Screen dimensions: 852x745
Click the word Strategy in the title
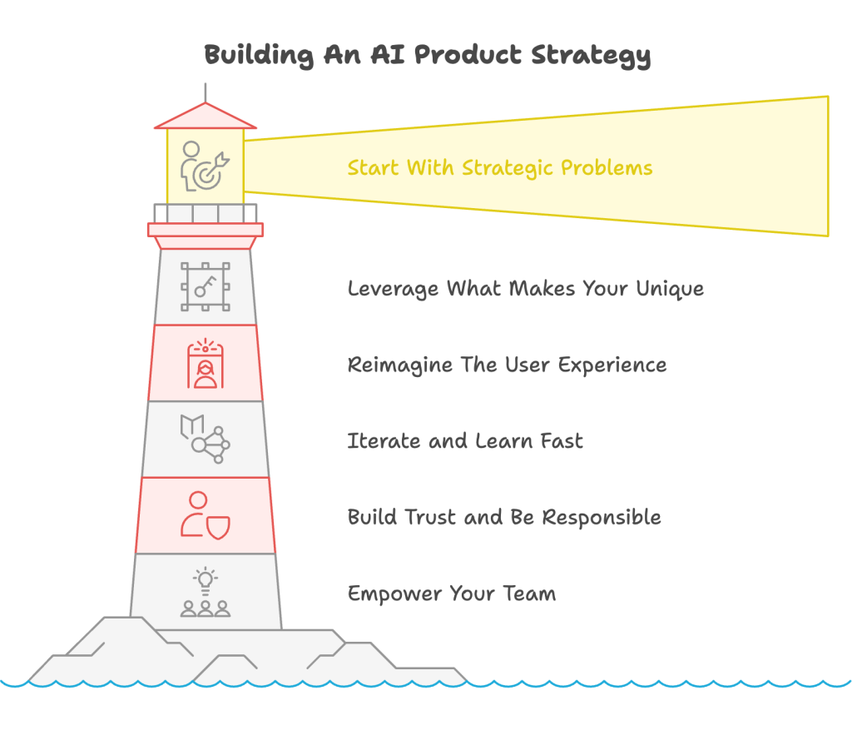coord(591,56)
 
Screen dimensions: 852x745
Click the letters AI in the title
coord(388,54)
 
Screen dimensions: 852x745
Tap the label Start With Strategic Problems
coord(500,168)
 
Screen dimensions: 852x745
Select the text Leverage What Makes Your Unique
coord(526,289)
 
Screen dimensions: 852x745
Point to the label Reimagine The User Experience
coord(507,365)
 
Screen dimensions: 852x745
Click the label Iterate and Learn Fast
coord(465,441)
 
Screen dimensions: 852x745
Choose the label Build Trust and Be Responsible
coord(504,517)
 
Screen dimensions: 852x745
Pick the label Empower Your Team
coord(452,594)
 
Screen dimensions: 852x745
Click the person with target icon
coord(205,166)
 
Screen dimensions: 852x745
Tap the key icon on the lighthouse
coord(205,286)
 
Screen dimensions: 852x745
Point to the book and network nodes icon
coord(205,439)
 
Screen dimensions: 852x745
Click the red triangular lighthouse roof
coord(206,116)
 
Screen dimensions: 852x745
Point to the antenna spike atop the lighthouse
coord(206,92)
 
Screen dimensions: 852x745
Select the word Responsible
coord(602,517)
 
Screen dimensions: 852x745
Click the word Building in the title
coord(259,56)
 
